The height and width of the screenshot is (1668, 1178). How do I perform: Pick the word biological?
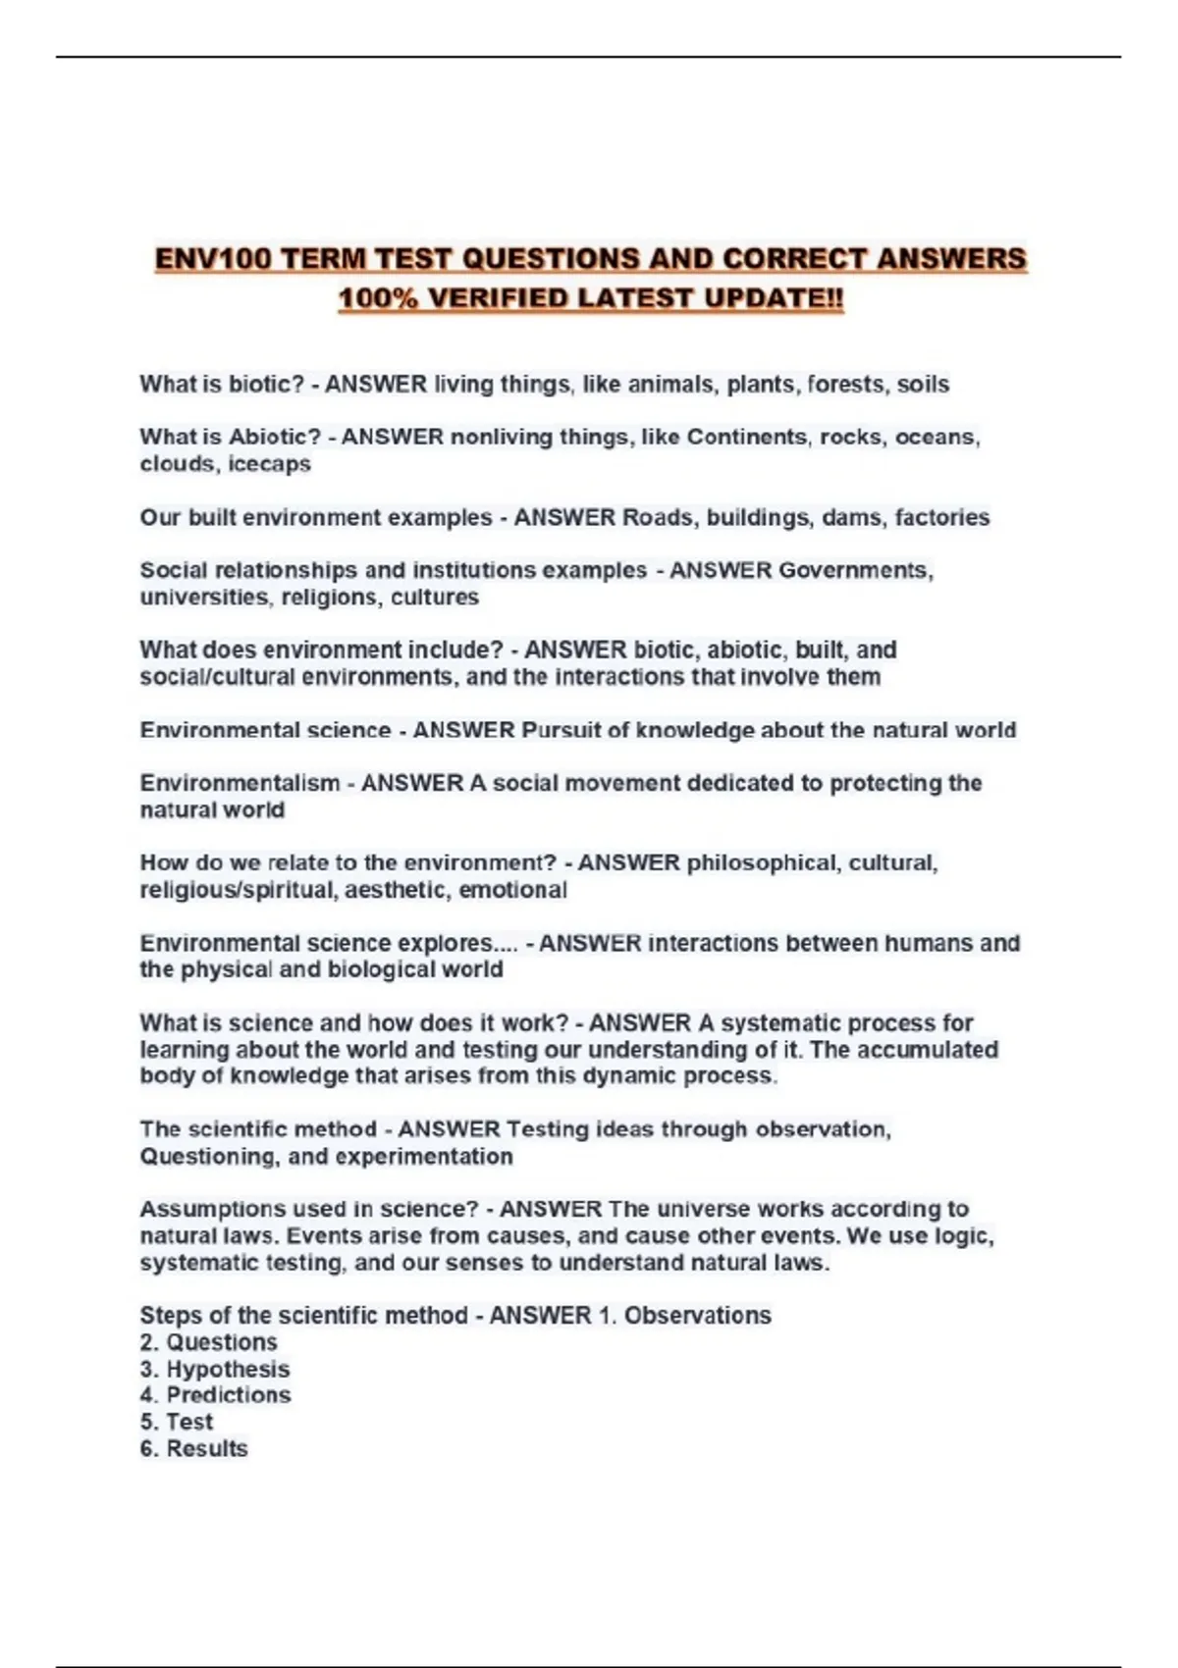388,969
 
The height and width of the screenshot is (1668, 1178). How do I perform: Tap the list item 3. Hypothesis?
215,1370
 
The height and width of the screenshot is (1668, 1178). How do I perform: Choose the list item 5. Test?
177,1423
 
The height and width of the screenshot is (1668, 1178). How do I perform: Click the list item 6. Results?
193,1449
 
